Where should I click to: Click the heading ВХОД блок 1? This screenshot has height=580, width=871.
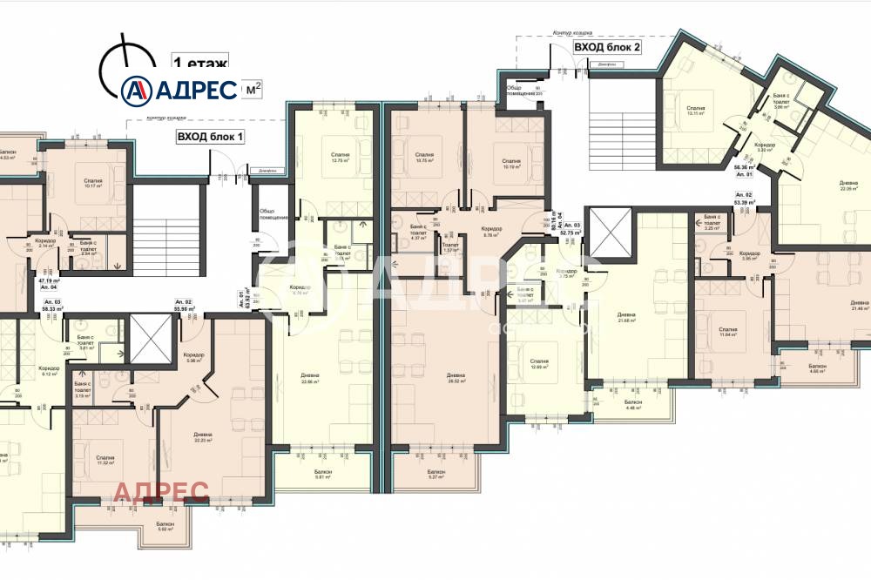210,136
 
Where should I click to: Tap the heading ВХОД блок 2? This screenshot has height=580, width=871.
606,47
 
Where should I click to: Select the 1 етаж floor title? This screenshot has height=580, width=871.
201,63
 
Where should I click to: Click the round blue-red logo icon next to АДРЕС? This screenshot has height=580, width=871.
137,89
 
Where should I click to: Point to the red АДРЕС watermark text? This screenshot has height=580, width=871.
161,492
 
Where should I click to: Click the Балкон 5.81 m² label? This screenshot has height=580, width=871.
323,475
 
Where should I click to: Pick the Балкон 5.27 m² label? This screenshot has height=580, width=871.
434,475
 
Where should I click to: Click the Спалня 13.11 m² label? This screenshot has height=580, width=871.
694,110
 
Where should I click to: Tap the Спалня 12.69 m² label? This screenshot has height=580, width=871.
538,364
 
